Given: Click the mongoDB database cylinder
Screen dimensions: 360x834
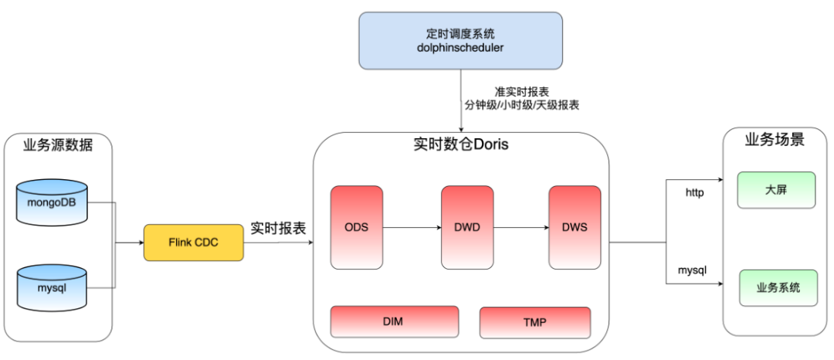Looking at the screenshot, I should pyautogui.click(x=52, y=203).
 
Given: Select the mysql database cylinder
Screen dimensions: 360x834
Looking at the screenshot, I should pyautogui.click(x=52, y=287).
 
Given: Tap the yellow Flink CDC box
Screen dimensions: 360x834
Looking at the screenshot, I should pyautogui.click(x=193, y=243).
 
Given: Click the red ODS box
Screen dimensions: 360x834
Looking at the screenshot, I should pyautogui.click(x=356, y=227).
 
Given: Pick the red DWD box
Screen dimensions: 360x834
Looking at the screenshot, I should pyautogui.click(x=466, y=227).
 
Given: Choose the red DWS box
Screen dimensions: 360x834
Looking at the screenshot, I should pyautogui.click(x=575, y=227).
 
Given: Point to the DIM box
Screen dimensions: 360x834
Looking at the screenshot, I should pyautogui.click(x=394, y=321).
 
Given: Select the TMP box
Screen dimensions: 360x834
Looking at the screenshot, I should pyautogui.click(x=534, y=322).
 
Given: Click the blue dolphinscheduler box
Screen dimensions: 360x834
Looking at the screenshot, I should pyautogui.click(x=460, y=40).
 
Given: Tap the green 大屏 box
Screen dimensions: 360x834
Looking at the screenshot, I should pyautogui.click(x=776, y=190).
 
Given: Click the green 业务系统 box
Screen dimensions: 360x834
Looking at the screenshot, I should pyautogui.click(x=778, y=287).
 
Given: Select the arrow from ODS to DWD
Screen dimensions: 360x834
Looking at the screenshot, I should pyautogui.click(x=412, y=228).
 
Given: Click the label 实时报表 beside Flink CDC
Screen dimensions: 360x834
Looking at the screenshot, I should pyautogui.click(x=278, y=229).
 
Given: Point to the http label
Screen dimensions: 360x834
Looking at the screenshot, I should pyautogui.click(x=695, y=192).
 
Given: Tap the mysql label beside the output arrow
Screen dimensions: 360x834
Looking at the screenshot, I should pyautogui.click(x=693, y=271).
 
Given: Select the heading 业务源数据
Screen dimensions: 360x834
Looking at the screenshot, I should pyautogui.click(x=58, y=144).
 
